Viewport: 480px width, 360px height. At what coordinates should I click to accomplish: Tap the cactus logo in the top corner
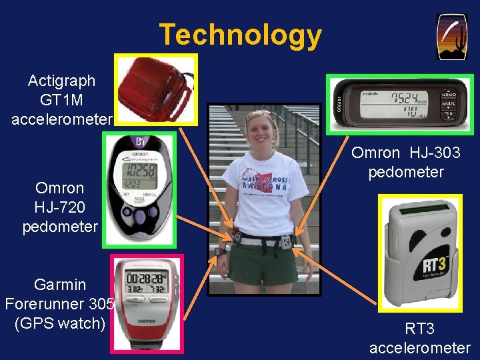tap(451, 37)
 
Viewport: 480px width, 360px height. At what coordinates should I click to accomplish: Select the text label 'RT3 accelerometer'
tap(419, 338)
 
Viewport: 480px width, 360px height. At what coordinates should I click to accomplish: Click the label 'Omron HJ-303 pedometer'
tap(405, 163)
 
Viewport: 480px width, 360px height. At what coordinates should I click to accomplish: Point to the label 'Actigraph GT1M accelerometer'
tap(61, 100)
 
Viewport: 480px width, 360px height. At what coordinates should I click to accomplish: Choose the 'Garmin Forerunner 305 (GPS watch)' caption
tap(60, 304)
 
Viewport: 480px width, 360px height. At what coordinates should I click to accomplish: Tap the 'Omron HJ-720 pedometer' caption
tap(60, 207)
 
